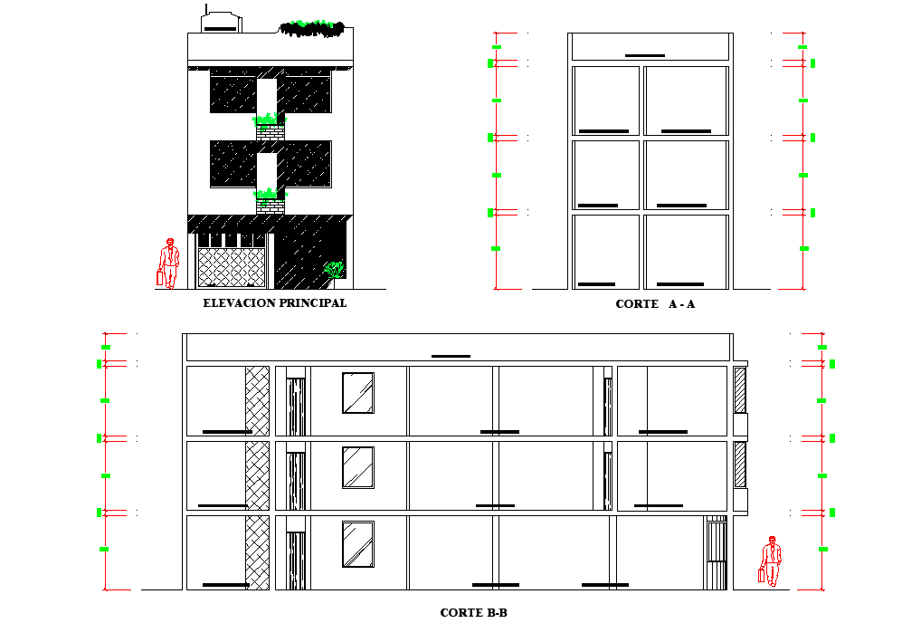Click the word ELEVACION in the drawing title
click(239, 303)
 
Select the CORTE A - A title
click(655, 304)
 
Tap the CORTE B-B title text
click(473, 613)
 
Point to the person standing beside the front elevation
click(168, 264)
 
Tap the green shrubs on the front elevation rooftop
click(312, 28)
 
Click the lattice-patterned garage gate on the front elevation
click(232, 268)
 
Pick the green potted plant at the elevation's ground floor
click(335, 269)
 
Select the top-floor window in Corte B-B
click(357, 392)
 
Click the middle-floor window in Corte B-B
click(357, 466)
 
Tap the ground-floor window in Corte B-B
click(357, 544)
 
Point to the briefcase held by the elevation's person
click(160, 278)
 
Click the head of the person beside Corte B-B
click(772, 540)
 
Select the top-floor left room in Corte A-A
click(605, 100)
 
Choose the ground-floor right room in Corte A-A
click(686, 251)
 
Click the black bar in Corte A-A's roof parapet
click(644, 55)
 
